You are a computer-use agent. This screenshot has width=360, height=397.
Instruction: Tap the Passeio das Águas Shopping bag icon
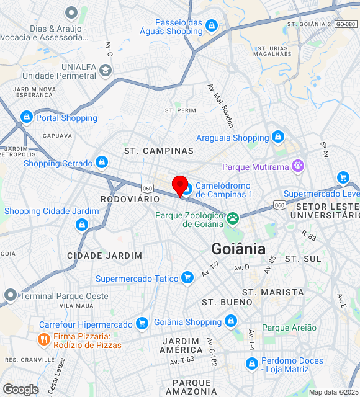click(212, 25)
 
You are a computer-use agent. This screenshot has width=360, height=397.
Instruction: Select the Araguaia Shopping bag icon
click(277, 137)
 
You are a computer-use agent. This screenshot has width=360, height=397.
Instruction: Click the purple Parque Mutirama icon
click(299, 166)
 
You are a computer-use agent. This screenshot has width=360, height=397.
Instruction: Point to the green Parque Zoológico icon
click(233, 218)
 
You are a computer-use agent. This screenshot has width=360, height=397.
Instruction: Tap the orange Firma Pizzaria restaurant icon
click(43, 339)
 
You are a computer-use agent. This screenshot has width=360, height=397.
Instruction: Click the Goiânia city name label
click(238, 249)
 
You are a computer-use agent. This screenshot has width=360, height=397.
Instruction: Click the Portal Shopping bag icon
click(26, 117)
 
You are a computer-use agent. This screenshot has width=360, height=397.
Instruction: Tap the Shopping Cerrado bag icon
click(102, 163)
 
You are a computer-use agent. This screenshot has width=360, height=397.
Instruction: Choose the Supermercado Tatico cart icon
click(187, 278)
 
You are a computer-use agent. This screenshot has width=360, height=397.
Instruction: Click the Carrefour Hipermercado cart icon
click(142, 324)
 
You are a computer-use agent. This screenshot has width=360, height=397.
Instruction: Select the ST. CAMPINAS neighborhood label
click(159, 151)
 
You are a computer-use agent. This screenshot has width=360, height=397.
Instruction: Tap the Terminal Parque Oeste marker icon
click(10, 295)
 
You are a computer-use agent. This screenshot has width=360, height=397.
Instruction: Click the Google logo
click(20, 389)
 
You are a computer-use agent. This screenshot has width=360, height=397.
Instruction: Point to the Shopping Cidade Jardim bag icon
click(81, 225)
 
